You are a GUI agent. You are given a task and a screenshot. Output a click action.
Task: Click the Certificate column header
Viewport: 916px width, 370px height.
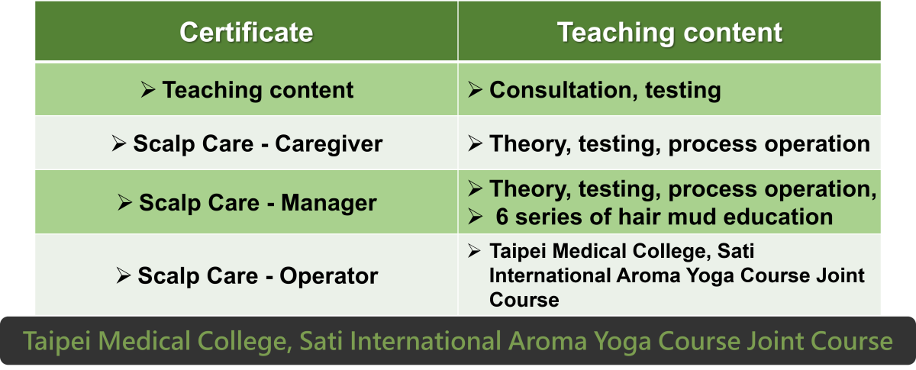[x=246, y=32]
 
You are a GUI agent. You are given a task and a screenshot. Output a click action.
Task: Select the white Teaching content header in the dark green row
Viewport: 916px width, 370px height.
[x=669, y=32]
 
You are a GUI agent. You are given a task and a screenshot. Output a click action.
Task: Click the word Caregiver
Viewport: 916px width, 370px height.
[x=329, y=144]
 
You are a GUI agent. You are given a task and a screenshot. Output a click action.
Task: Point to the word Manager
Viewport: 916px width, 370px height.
[x=329, y=203]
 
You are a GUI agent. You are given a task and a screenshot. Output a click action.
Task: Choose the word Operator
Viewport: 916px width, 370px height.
[x=329, y=276]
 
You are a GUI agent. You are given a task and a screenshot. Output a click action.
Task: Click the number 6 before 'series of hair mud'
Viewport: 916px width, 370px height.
[x=502, y=217]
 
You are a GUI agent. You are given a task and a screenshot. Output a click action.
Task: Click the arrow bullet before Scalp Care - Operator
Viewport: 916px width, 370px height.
[x=123, y=275]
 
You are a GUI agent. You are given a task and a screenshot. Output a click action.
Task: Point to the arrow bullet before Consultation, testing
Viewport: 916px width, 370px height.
[x=475, y=89]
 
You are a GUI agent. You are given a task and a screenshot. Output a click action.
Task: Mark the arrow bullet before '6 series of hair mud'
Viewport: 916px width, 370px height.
[x=475, y=216]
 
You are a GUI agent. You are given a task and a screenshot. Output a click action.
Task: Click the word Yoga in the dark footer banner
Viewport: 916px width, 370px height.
[x=622, y=342]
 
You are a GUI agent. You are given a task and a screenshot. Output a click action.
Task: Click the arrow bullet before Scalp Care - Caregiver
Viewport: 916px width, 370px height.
[x=118, y=143]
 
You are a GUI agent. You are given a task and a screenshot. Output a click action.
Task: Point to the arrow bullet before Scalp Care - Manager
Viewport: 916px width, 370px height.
[x=124, y=202]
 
